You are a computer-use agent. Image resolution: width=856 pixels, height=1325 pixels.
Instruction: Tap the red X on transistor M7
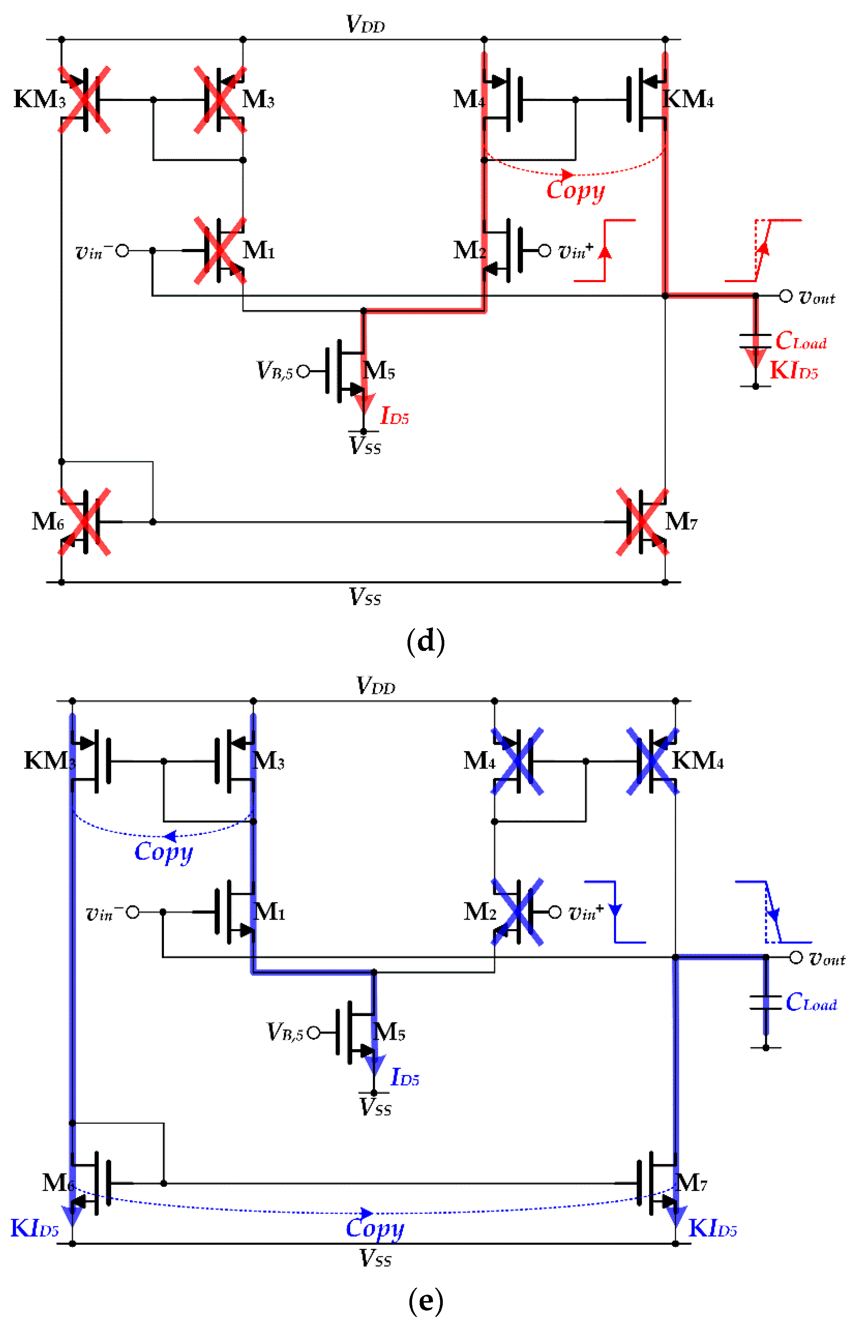click(x=642, y=521)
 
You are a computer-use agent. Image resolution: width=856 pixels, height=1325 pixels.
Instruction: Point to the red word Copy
click(x=575, y=190)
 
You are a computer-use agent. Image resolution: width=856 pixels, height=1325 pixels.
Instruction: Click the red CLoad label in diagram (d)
click(x=801, y=341)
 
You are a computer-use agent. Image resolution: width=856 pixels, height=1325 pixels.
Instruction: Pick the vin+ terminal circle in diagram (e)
click(x=555, y=912)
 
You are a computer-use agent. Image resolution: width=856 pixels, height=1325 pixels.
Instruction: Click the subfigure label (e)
click(x=426, y=1301)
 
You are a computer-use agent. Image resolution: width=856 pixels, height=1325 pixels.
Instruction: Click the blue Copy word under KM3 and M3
click(x=164, y=851)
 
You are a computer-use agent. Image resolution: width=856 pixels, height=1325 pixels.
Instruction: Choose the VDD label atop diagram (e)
click(x=376, y=685)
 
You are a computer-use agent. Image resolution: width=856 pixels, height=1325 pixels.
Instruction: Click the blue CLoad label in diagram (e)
click(x=811, y=1002)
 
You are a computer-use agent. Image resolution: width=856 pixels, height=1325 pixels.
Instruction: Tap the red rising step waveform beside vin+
click(x=605, y=250)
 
